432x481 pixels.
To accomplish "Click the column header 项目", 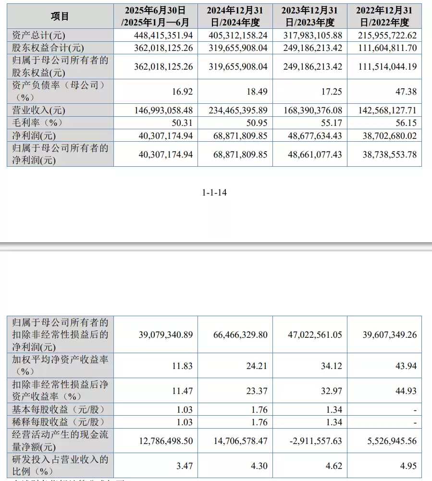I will (60, 16).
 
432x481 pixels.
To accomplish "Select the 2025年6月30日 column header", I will (155, 16).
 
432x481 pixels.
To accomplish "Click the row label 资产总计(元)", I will (38, 35).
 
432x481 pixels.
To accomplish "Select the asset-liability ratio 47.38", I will (406, 92).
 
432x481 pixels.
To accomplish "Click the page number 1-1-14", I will (214, 193).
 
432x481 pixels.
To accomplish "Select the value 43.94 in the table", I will (406, 366).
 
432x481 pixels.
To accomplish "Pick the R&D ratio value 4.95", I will (408, 466).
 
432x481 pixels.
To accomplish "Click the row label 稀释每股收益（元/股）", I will (58, 422).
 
